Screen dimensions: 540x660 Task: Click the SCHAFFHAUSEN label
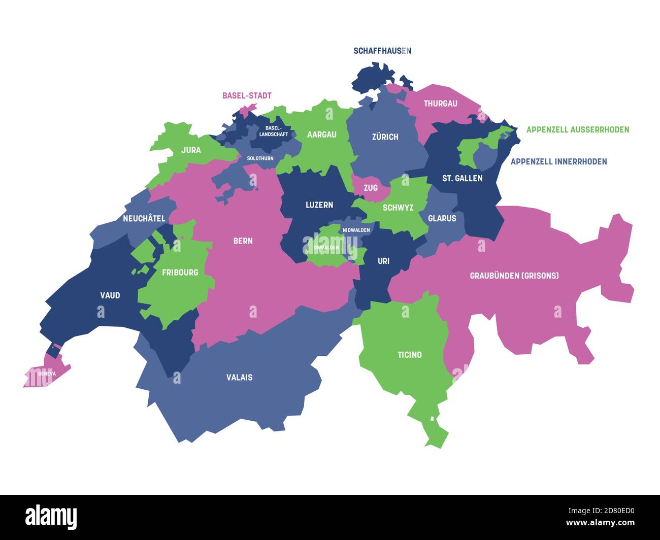[x=382, y=51]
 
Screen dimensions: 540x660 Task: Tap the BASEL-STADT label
[x=247, y=95]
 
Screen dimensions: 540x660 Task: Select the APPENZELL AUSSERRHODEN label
[x=577, y=129]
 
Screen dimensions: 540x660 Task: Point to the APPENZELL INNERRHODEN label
[x=558, y=161]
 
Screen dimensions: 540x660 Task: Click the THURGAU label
[x=440, y=104]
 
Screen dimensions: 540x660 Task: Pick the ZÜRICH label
[x=385, y=137]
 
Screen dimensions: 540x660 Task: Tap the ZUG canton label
[x=371, y=188]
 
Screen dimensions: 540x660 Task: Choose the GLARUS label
[x=442, y=218]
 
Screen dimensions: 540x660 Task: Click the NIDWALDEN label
[x=356, y=230]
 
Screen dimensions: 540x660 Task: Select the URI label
[x=384, y=261]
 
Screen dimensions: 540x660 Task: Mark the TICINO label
[x=410, y=355]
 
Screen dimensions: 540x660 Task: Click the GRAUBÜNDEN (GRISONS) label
[x=514, y=276]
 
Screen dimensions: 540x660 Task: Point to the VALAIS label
[x=239, y=377]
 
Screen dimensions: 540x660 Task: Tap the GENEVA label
[x=47, y=374]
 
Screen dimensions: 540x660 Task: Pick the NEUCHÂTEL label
[x=144, y=218]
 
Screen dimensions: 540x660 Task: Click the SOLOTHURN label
[x=260, y=158]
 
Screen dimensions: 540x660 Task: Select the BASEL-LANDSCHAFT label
[x=274, y=131]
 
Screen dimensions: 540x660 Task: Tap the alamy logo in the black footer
[x=51, y=517]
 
